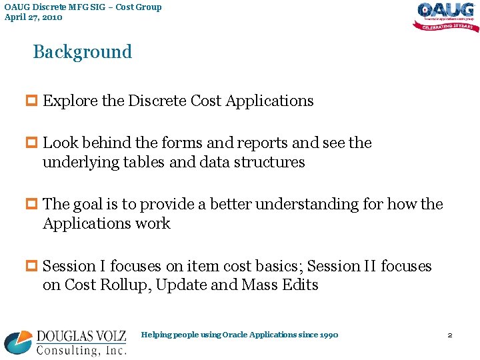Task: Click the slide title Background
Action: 83,52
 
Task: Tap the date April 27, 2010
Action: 33,17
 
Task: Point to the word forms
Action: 216,143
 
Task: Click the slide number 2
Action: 450,335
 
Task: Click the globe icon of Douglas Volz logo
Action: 18,341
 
